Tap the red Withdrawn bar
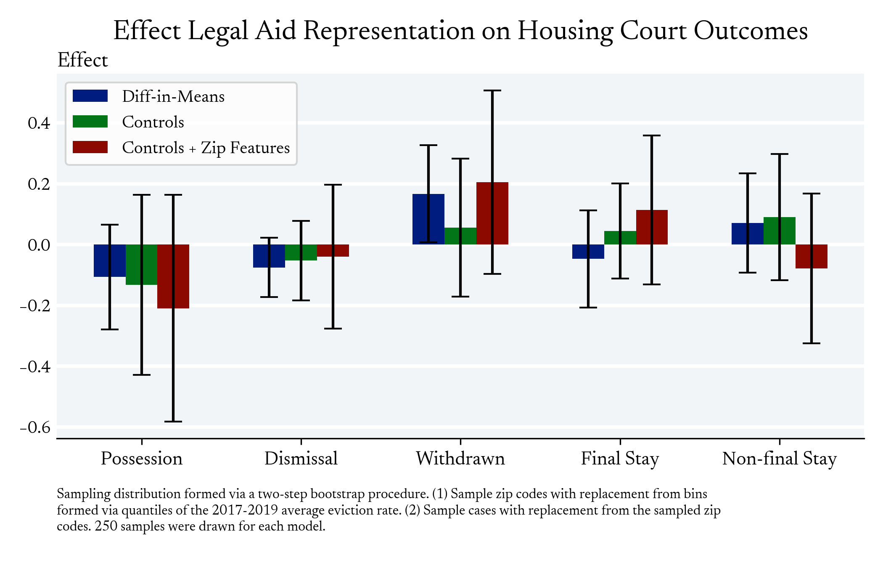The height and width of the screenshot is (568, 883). click(x=498, y=213)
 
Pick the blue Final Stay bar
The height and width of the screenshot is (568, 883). click(x=582, y=252)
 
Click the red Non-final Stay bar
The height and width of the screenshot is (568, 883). click(x=817, y=256)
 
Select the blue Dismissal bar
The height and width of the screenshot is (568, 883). click(x=263, y=256)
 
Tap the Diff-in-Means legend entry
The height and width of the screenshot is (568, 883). click(x=173, y=96)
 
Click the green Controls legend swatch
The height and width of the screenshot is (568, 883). click(x=90, y=122)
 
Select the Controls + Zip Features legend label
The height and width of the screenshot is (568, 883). click(x=206, y=148)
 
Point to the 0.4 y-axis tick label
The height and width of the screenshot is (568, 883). click(x=39, y=123)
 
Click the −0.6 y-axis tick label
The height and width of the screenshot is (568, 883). click(x=35, y=427)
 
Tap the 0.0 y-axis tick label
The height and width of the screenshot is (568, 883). click(x=39, y=245)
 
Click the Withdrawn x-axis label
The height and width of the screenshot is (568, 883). click(x=460, y=458)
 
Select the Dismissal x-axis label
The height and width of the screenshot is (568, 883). click(x=301, y=458)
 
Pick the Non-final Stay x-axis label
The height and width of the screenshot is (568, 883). click(x=779, y=458)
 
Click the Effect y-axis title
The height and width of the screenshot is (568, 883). click(x=83, y=60)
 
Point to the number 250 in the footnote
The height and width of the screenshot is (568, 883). click(x=106, y=526)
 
